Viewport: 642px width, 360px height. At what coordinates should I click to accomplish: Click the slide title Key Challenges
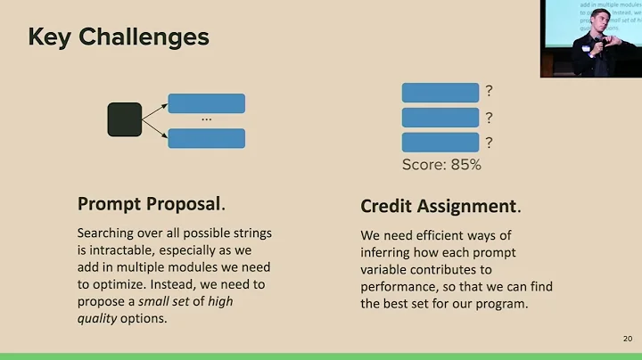(x=119, y=37)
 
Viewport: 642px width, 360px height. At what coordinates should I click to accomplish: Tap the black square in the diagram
(x=125, y=120)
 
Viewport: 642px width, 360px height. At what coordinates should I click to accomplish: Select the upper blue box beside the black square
(x=206, y=103)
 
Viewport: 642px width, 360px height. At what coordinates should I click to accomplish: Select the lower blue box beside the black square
(x=206, y=138)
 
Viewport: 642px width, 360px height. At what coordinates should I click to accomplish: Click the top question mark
(x=489, y=92)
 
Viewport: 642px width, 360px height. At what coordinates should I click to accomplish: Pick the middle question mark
(x=489, y=118)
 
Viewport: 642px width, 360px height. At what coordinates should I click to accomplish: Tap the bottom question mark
(x=489, y=143)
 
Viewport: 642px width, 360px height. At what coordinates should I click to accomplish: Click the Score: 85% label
(x=441, y=165)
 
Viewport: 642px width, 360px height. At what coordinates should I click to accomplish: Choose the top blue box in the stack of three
(x=440, y=93)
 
